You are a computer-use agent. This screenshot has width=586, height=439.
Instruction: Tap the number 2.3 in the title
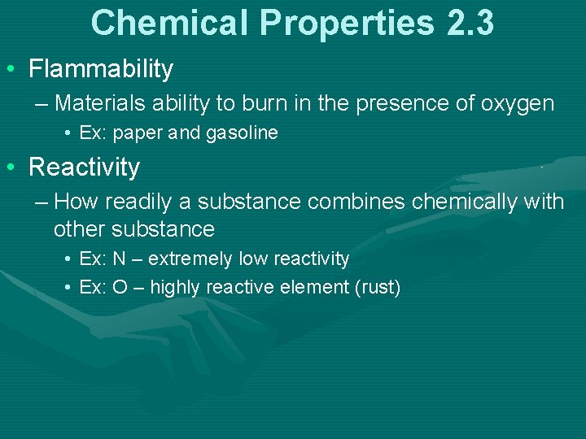[470, 23]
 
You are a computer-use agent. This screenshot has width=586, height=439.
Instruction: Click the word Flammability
[101, 70]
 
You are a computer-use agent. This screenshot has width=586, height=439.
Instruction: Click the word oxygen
[518, 104]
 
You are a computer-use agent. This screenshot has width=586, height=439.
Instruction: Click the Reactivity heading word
[84, 167]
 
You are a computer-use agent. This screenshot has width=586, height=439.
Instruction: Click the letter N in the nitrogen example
[119, 259]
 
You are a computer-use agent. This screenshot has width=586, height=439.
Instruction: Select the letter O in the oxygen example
[120, 288]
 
